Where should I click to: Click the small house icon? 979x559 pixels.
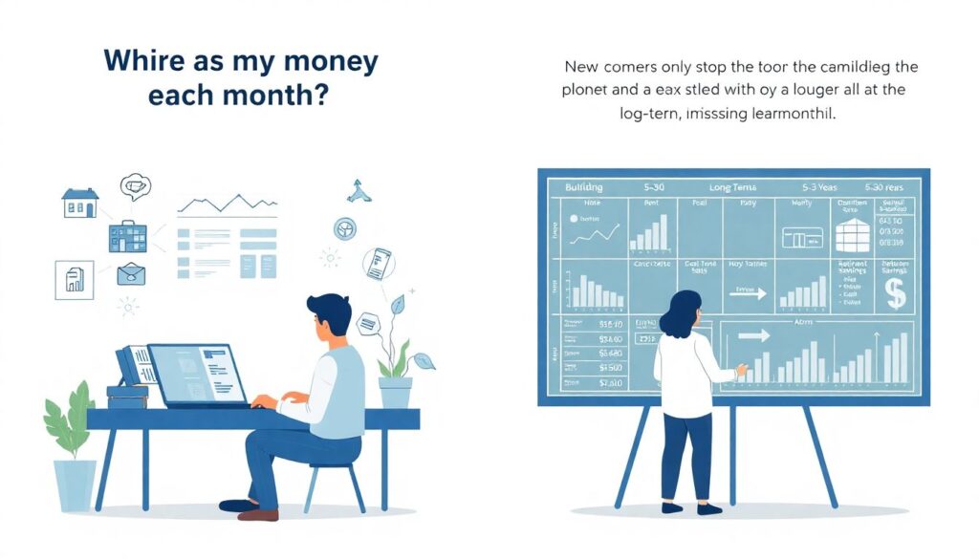pos(79,202)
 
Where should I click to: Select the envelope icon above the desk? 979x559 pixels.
pos(131,274)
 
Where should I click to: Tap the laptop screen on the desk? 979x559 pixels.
pos(195,374)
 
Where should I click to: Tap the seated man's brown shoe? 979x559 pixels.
pos(258,514)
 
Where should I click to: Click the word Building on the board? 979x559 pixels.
pos(584,188)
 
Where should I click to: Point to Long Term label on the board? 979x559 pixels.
pos(733,188)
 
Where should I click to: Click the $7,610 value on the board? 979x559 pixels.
pos(609,382)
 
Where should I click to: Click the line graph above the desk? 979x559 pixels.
pos(226,204)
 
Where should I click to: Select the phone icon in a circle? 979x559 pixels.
pos(379,263)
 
